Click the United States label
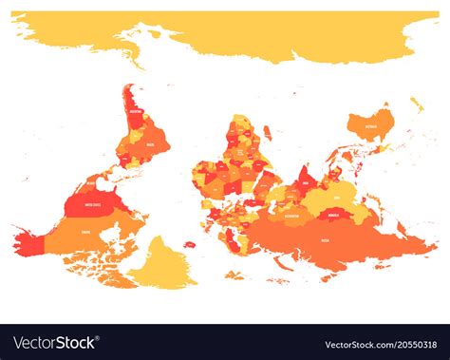[94, 202]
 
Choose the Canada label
[87, 230]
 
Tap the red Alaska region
[26, 244]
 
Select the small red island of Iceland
[189, 244]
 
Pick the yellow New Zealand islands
[417, 104]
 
